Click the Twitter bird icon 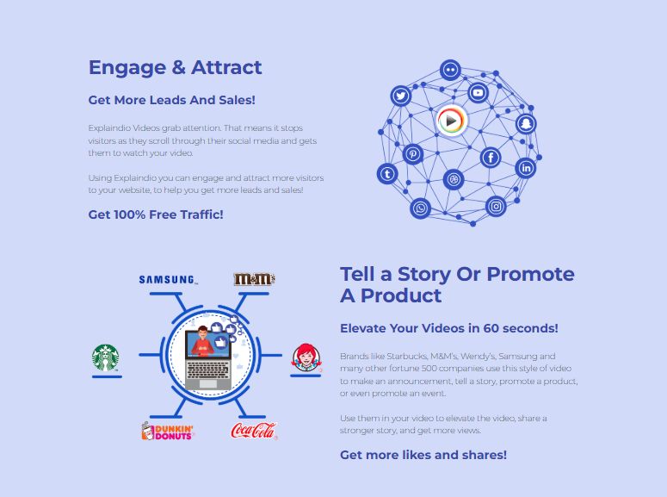(x=401, y=96)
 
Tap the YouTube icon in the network (x=478, y=92)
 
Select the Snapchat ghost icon (x=526, y=124)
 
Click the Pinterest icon (x=412, y=153)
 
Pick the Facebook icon (x=491, y=158)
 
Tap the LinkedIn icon (x=526, y=168)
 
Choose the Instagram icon (x=496, y=207)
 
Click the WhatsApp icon (x=420, y=208)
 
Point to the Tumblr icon (x=387, y=174)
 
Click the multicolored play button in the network (x=451, y=121)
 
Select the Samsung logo (x=169, y=280)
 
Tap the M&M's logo (x=254, y=279)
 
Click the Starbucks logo (x=105, y=357)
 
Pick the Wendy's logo (x=306, y=357)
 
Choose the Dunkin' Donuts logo (x=167, y=431)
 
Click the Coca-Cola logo (x=254, y=431)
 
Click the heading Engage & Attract (x=176, y=67)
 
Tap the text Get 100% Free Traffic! (x=156, y=214)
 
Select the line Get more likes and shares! (x=423, y=455)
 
